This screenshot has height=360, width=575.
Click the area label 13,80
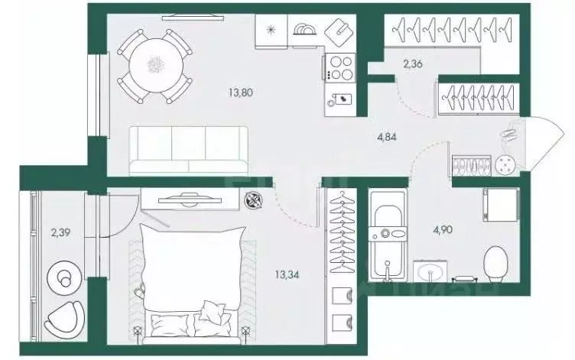click(x=241, y=92)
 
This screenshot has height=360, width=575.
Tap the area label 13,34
click(x=287, y=274)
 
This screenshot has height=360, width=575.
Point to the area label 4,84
click(x=386, y=138)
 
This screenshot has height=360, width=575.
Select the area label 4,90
click(x=443, y=230)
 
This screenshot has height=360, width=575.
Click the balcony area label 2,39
click(x=60, y=232)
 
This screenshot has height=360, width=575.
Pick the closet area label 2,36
click(x=413, y=64)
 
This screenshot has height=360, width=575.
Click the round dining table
click(x=156, y=66)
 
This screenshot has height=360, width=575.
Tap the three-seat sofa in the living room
click(x=189, y=150)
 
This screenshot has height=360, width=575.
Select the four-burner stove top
click(x=339, y=67)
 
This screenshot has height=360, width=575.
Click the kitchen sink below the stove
click(x=340, y=99)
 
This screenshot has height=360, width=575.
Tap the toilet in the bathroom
click(x=495, y=264)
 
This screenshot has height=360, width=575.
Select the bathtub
click(x=388, y=235)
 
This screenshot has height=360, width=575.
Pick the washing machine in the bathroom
click(x=501, y=205)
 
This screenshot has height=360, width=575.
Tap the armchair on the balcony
click(x=64, y=318)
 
